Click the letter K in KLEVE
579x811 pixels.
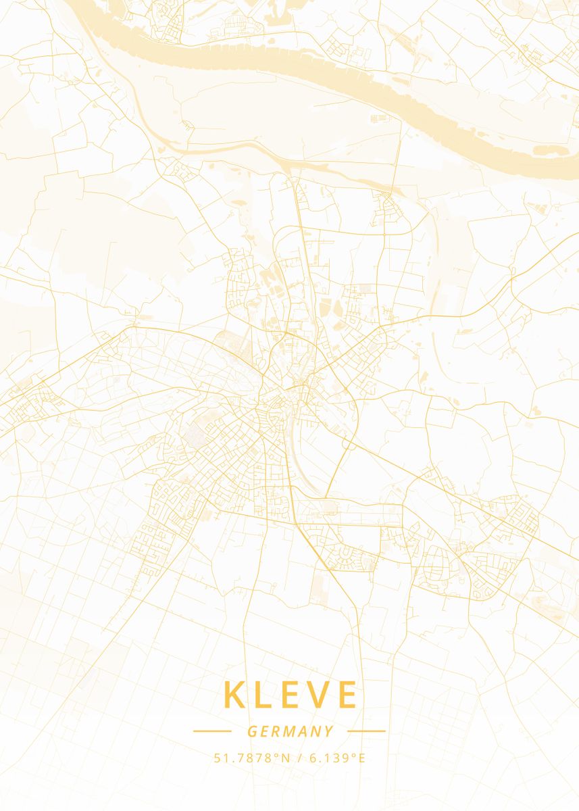tap(235, 695)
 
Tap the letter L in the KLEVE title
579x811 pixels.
tap(265, 695)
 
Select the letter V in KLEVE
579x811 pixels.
tap(318, 695)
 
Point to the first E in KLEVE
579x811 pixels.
tap(291, 695)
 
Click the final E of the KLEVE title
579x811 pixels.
tap(345, 695)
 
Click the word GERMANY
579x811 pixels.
tap(290, 731)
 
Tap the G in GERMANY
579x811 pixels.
tap(252, 731)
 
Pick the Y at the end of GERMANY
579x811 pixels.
tap(328, 731)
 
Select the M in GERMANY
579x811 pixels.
tap(290, 731)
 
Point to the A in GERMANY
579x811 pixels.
tap(303, 731)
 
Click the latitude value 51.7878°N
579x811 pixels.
tap(251, 758)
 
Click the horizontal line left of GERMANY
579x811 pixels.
tap(212, 731)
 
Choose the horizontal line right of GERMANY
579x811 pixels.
tap(366, 731)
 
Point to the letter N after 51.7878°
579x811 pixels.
tap(285, 758)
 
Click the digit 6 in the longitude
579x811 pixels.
tap(313, 758)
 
